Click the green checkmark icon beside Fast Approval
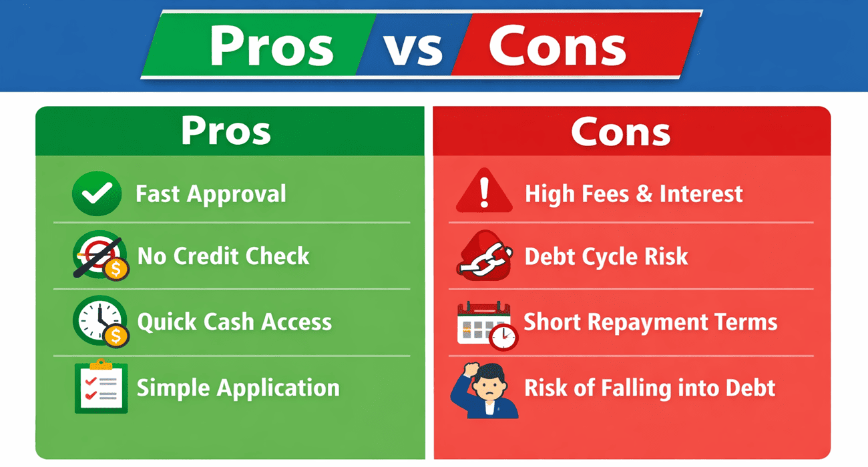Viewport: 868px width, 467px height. point(97,193)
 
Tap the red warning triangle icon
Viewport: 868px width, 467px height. point(484,191)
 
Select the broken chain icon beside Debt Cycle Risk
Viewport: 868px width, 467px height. point(485,256)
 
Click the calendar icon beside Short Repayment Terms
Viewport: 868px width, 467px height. point(484,324)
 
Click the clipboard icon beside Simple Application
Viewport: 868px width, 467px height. point(101,386)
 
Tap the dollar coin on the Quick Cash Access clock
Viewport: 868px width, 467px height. point(116,336)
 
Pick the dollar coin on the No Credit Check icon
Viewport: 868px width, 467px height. point(116,269)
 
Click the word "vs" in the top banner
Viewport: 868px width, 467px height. point(413,49)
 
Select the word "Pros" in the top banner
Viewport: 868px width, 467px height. point(272,45)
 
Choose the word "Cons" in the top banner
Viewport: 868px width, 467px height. point(558,45)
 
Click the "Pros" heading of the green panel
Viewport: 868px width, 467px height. point(226,131)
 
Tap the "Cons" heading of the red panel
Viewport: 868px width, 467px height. point(620,131)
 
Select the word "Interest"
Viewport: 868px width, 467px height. point(701,193)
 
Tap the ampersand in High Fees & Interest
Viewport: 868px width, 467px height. point(644,193)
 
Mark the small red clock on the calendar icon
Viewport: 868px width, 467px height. point(503,337)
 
